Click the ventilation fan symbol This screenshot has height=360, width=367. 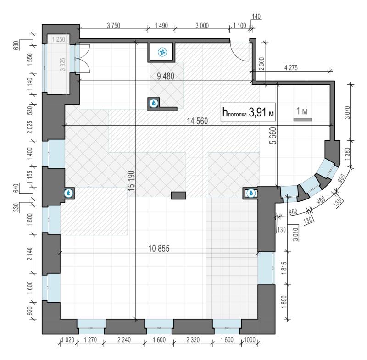[x=162, y=52]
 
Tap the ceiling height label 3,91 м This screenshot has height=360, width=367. [x=248, y=112]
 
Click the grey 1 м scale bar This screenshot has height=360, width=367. [x=303, y=120]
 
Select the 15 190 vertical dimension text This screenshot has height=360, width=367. [x=132, y=181]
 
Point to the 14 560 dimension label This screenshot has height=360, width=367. [x=197, y=121]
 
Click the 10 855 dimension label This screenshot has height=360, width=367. [x=159, y=248]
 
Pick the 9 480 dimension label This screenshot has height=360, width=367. [x=166, y=76]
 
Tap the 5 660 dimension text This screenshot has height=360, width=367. [x=273, y=136]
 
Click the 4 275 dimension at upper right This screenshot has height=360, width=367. [x=291, y=68]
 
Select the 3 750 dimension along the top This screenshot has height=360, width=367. [x=113, y=25]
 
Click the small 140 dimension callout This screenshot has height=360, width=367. [x=256, y=17]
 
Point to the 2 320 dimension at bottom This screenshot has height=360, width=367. [x=193, y=340]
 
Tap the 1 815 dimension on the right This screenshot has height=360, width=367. [x=284, y=268]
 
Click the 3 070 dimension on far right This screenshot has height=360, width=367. [x=348, y=112]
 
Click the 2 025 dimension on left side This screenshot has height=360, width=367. [x=30, y=127]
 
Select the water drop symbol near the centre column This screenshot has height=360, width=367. [x=154, y=103]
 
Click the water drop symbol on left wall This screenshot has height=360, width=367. [x=68, y=193]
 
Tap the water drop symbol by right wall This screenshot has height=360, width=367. [x=251, y=193]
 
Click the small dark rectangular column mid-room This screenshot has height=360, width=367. [x=178, y=195]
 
